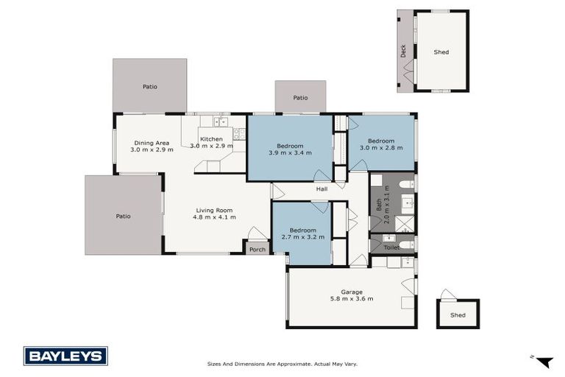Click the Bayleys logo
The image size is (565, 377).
(65, 356)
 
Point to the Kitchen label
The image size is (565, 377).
(211, 139)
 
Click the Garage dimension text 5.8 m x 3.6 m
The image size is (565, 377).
(352, 299)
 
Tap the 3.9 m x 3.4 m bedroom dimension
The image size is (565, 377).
(290, 153)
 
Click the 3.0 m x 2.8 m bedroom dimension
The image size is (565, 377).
(381, 149)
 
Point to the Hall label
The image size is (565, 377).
(321, 189)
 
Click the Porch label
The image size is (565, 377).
(257, 250)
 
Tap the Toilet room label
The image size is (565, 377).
(391, 247)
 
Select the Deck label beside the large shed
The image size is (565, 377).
(403, 51)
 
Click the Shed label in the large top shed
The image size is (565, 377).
(441, 52)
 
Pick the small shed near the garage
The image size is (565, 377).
(458, 314)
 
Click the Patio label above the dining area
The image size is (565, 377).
(149, 87)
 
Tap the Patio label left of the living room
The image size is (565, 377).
(123, 216)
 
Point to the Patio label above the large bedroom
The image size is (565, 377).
(300, 97)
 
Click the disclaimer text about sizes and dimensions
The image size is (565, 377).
(282, 363)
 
